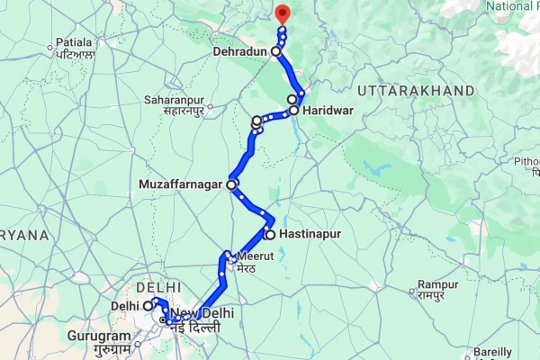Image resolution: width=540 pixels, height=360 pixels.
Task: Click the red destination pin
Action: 282,13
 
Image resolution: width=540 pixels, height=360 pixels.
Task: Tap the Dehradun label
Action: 241,52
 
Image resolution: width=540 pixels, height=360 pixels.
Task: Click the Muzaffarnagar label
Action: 183,185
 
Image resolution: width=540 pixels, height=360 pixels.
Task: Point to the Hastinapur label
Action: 310,234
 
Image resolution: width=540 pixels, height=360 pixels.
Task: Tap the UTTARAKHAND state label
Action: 416,91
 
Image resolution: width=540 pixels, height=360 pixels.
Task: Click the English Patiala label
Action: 74,42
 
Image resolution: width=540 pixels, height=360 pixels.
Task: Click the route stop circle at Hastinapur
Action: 269,234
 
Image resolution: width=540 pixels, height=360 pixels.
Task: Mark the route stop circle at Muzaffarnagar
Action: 231,184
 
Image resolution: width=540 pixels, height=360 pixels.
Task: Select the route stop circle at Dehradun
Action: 276,51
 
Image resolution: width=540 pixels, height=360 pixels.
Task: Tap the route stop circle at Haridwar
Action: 293,111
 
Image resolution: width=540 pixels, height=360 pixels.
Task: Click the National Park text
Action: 511,6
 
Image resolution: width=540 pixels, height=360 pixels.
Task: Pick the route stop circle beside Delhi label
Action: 148,306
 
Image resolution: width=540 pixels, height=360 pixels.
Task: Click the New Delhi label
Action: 203,313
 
